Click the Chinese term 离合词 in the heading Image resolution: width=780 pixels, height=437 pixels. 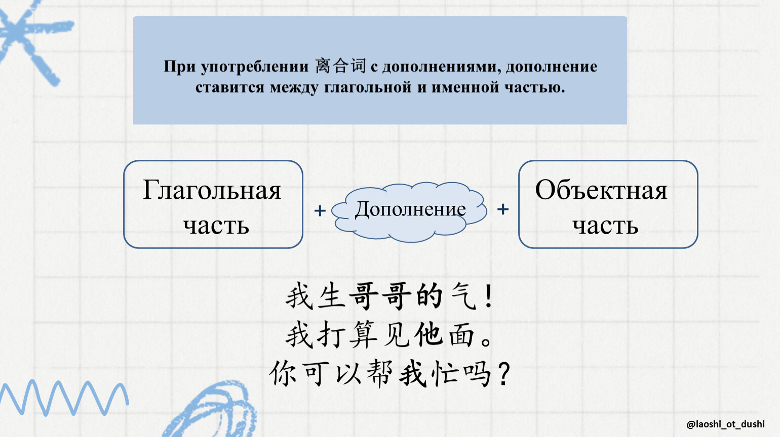click(x=340, y=66)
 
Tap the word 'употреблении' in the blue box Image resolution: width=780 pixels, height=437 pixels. click(x=255, y=67)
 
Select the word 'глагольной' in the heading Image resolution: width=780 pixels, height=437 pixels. click(x=368, y=87)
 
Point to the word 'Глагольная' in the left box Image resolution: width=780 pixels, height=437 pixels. click(x=212, y=190)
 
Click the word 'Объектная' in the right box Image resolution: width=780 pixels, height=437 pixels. click(x=601, y=190)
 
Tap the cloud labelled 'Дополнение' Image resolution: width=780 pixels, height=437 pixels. click(x=409, y=211)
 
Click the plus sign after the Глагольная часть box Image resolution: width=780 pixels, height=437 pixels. click(x=320, y=211)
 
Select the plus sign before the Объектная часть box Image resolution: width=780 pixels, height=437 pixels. click(x=503, y=209)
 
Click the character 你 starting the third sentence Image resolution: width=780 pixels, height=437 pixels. click(x=283, y=374)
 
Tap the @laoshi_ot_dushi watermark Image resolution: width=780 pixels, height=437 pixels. click(x=726, y=424)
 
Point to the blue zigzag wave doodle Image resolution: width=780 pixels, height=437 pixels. click(x=64, y=398)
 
